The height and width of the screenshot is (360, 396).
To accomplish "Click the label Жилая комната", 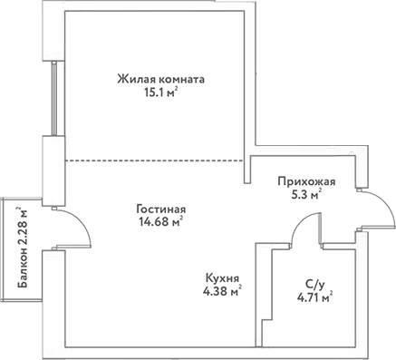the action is [160, 79].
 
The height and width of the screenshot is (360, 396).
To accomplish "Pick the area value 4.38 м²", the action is [222, 291].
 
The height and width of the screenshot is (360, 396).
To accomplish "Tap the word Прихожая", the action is [306, 180].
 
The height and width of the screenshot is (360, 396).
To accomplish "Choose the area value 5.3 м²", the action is [304, 194].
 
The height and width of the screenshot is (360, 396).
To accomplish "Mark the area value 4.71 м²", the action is [314, 295].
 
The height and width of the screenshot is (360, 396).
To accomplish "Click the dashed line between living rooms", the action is [154, 161].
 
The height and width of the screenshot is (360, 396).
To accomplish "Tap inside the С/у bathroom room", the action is [313, 313].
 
